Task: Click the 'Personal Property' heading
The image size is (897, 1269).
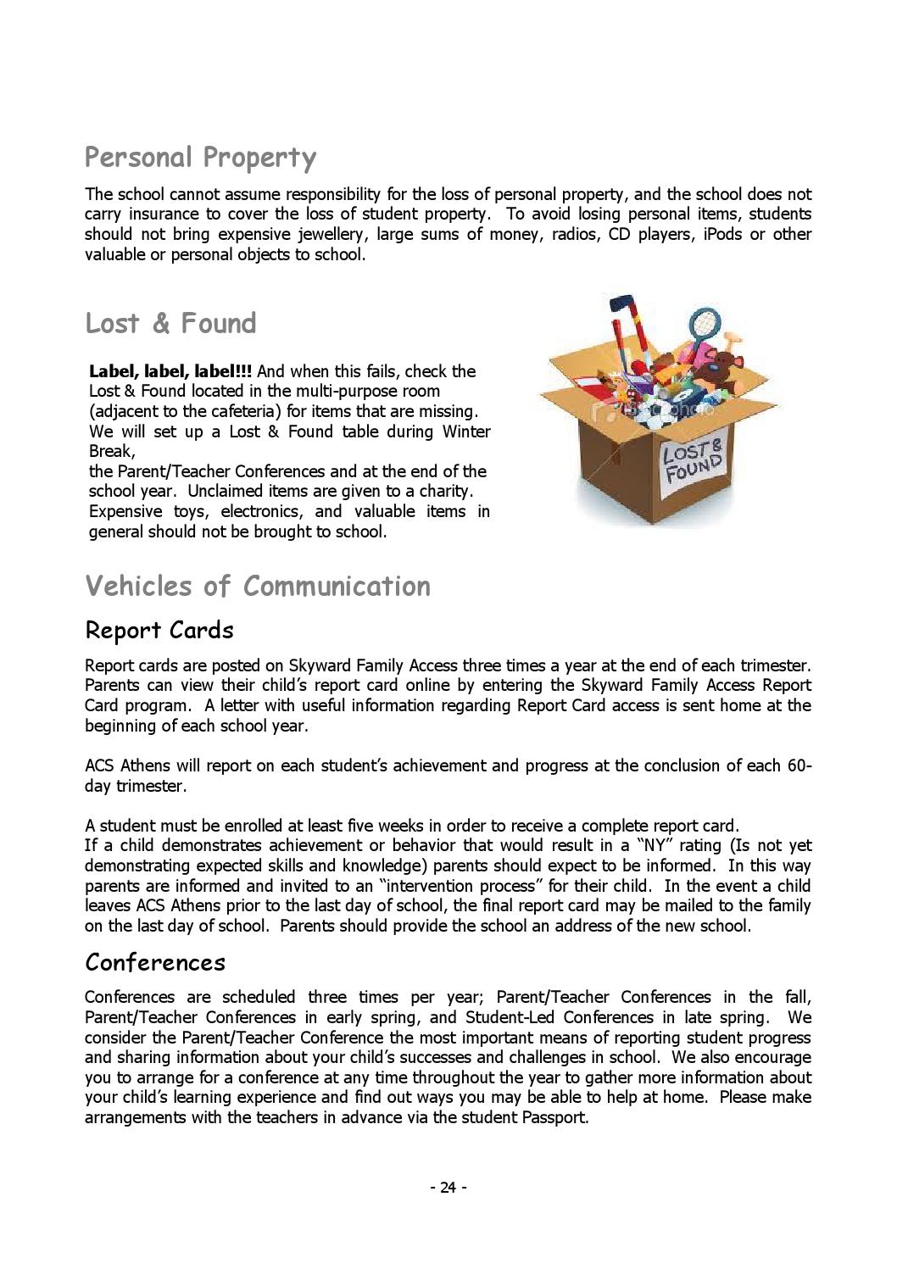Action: click(x=200, y=158)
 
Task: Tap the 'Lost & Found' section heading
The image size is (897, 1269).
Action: click(x=170, y=323)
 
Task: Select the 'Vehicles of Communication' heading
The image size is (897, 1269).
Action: click(x=258, y=586)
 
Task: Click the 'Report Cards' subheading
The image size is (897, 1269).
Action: click(x=159, y=630)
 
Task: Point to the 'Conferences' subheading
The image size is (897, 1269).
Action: click(x=155, y=962)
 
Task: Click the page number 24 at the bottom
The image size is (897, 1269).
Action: click(x=448, y=1187)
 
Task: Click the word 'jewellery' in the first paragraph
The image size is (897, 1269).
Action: click(x=333, y=234)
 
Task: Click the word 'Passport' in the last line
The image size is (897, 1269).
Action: click(x=554, y=1116)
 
